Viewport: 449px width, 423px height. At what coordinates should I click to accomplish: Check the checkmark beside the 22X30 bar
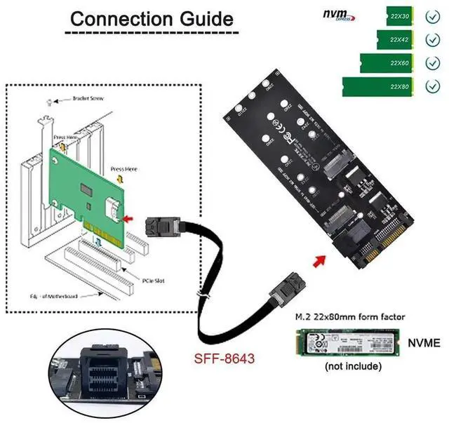click(x=432, y=15)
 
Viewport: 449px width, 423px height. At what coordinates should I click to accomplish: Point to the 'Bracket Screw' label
click(x=88, y=99)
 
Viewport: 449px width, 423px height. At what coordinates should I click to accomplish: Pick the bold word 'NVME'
click(x=423, y=343)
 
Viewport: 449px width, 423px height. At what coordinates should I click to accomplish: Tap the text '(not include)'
click(x=349, y=365)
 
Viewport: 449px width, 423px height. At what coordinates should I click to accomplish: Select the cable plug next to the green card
click(x=158, y=229)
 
